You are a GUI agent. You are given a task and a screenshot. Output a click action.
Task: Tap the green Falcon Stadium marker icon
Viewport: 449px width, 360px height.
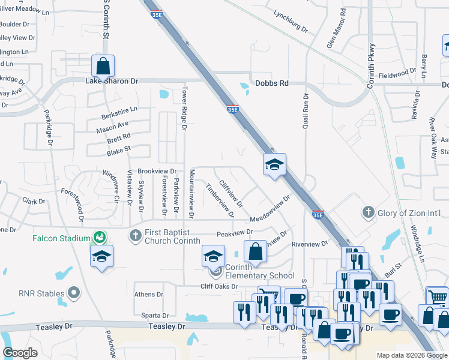tap(97, 238)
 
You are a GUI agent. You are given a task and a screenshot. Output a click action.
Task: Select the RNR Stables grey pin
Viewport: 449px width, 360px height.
tap(74, 293)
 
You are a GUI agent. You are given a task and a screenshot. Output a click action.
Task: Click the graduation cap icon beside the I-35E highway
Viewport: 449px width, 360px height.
tap(274, 164)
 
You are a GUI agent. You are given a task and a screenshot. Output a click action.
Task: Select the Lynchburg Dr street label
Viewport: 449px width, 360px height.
tap(290, 13)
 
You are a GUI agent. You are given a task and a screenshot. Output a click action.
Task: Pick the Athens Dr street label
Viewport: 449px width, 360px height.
tap(148, 295)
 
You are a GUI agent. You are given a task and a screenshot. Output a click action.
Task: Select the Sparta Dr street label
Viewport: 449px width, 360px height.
tap(155, 315)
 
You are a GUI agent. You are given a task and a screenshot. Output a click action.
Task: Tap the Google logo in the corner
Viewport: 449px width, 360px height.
tap(20, 353)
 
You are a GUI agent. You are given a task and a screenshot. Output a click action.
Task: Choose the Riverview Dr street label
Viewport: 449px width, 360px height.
tap(309, 244)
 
